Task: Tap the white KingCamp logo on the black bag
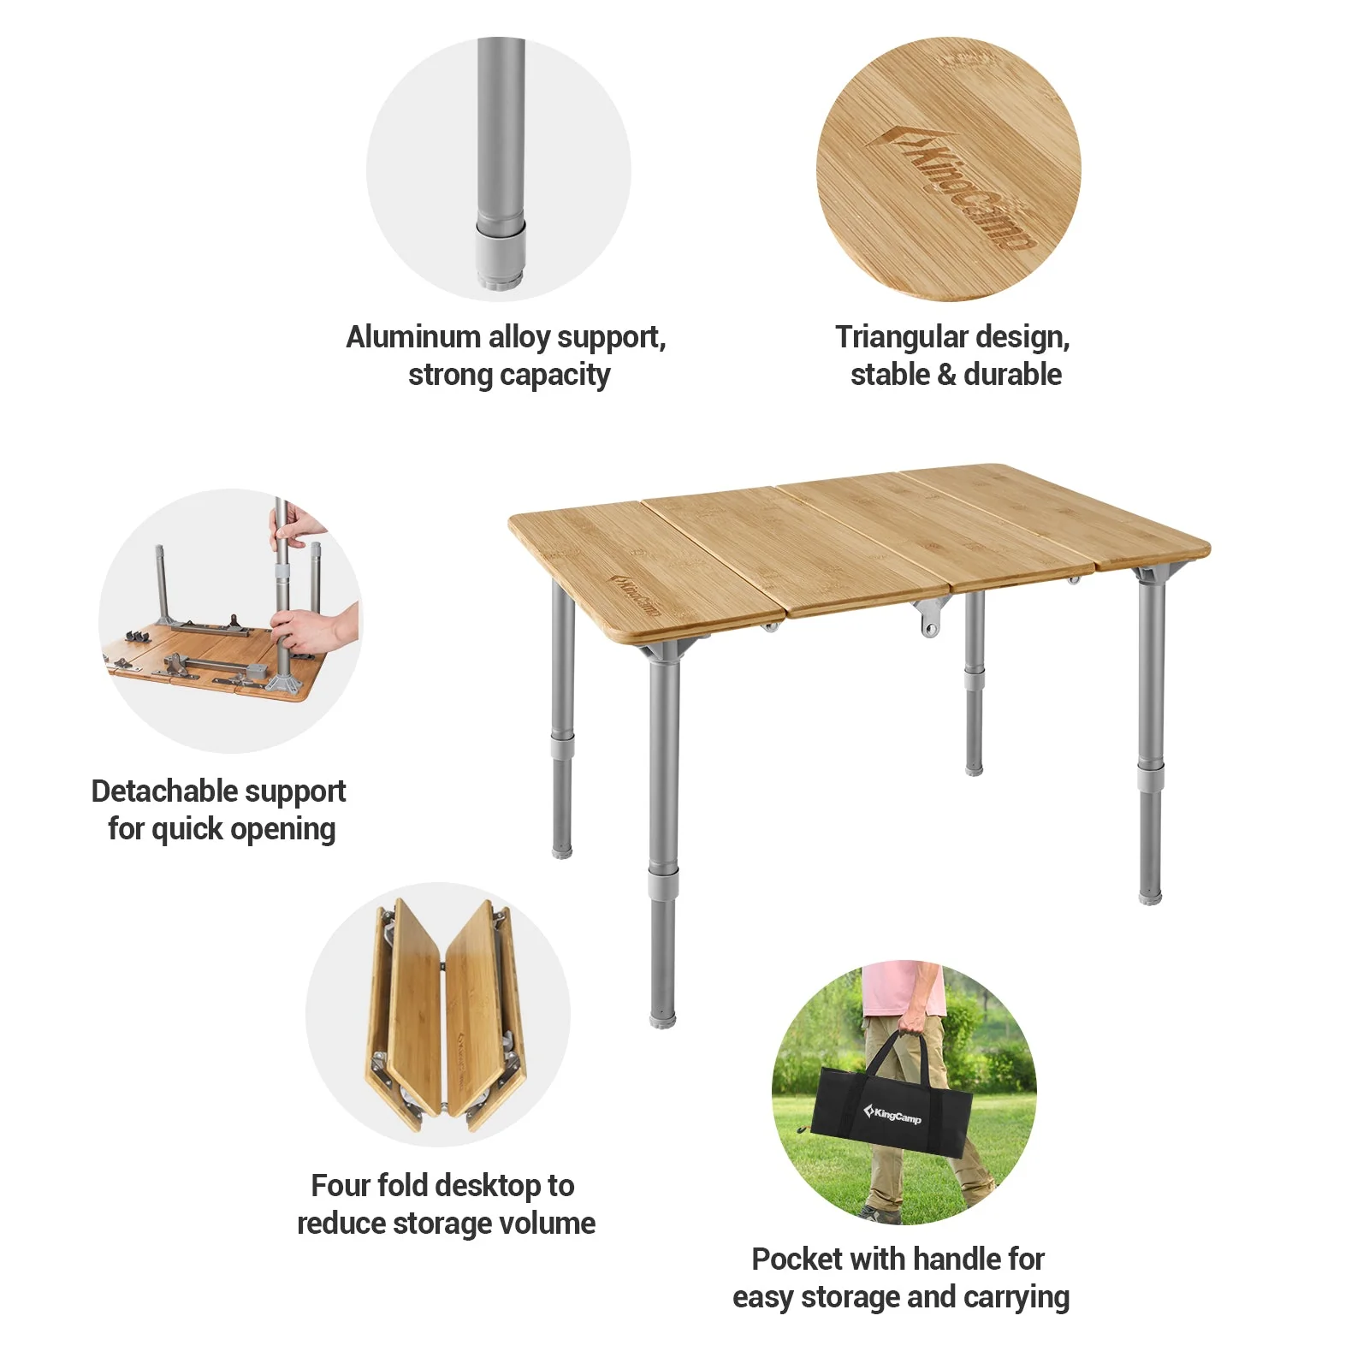pos(892,1114)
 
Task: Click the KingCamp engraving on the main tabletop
pos(634,596)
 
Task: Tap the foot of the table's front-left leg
pos(662,1018)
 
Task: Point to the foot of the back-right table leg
pos(974,769)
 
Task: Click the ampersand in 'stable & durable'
pos(945,376)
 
